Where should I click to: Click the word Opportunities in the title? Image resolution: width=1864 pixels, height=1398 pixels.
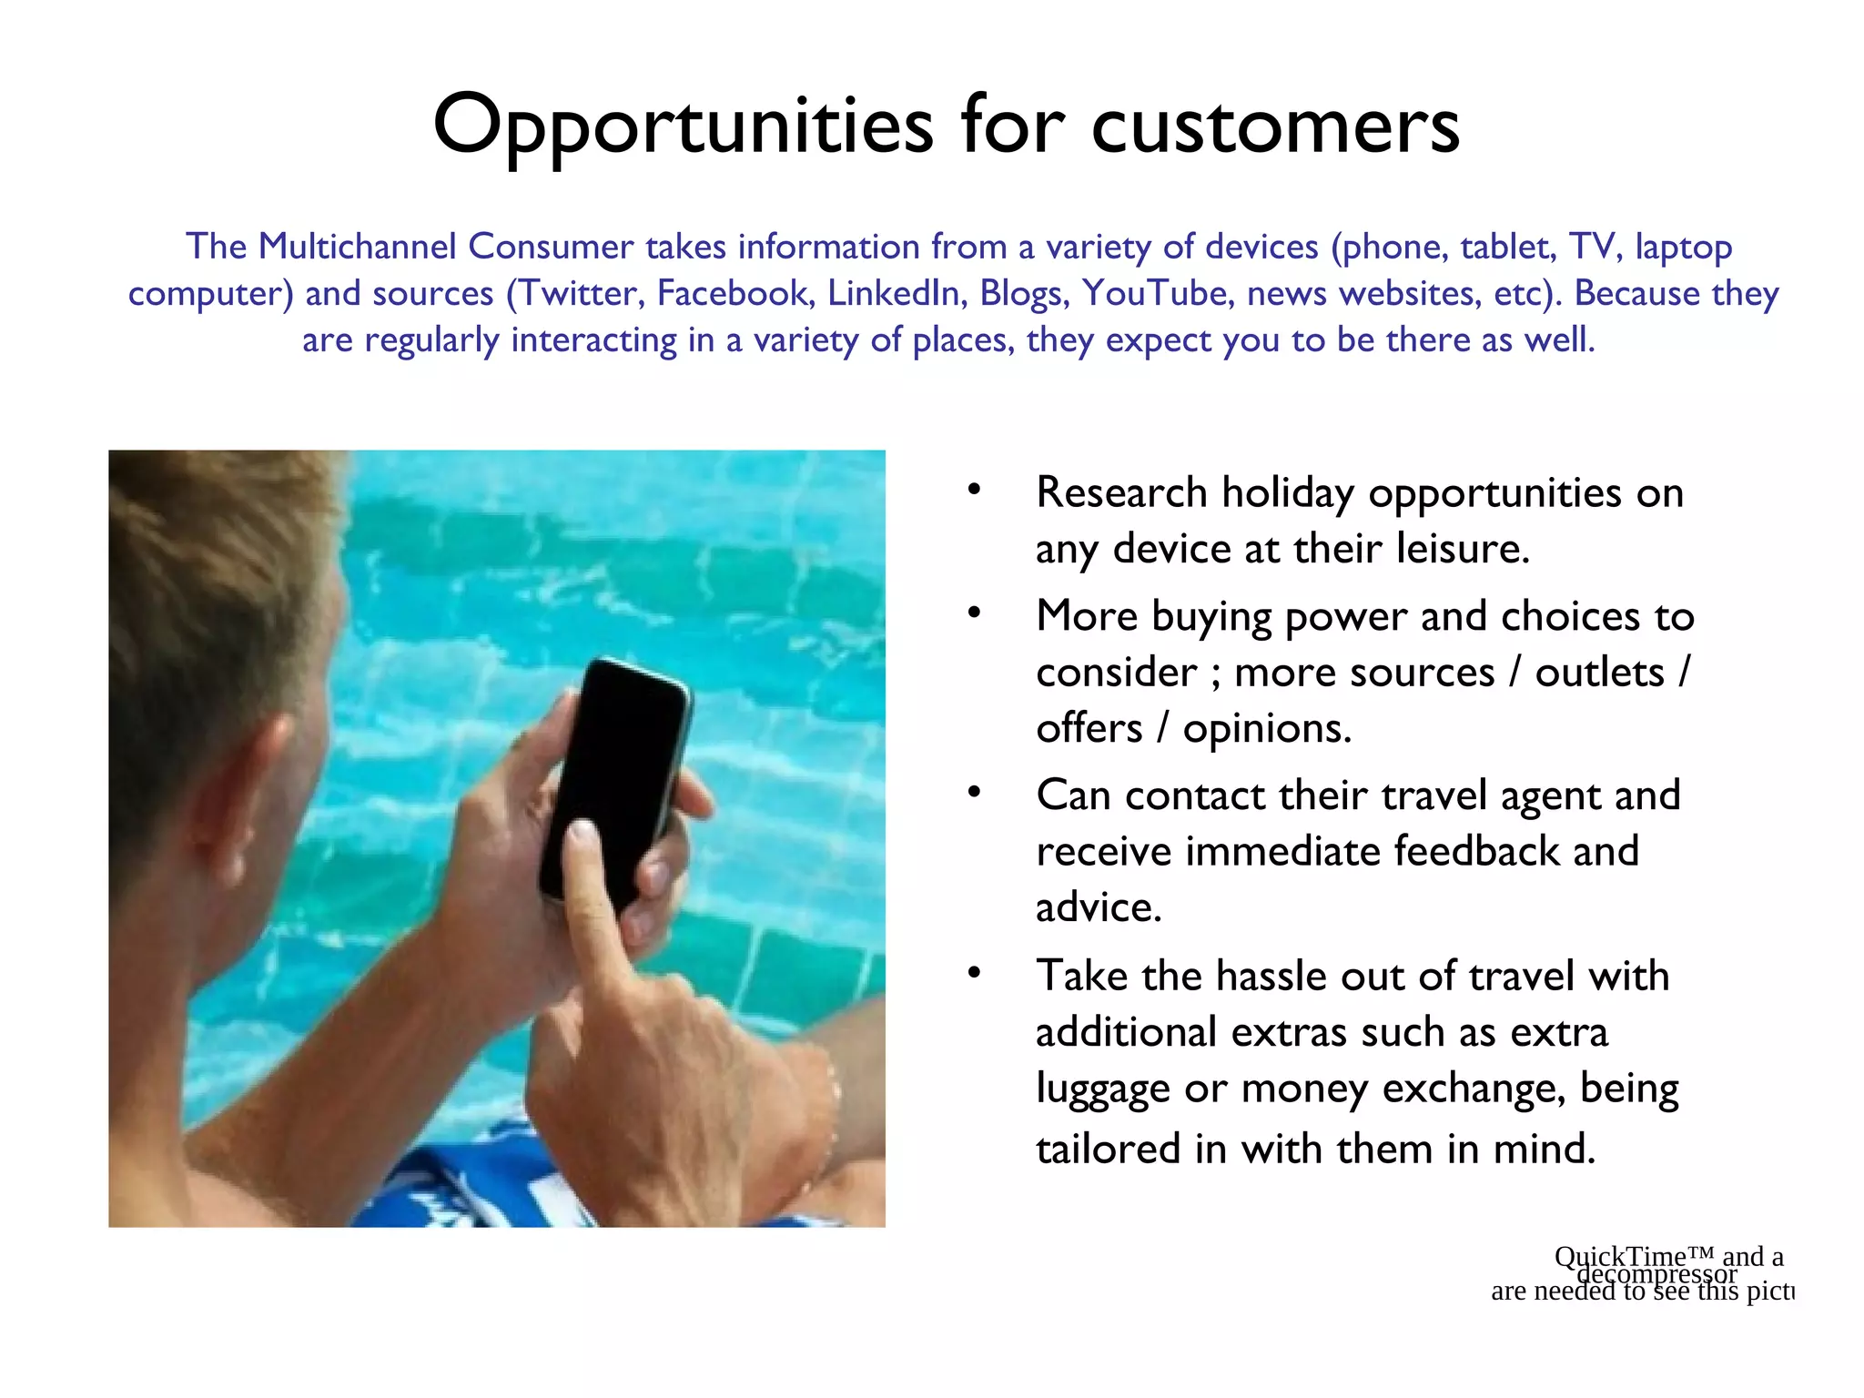click(683, 126)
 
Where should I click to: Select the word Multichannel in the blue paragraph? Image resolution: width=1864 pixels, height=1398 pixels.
click(355, 247)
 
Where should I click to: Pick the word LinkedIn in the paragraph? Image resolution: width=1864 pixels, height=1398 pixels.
click(897, 293)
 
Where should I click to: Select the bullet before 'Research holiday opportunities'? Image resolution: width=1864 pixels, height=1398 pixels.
click(974, 490)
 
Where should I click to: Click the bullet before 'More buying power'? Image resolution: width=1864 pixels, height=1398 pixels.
click(974, 613)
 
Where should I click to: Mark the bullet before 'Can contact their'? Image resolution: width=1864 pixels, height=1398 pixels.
click(974, 793)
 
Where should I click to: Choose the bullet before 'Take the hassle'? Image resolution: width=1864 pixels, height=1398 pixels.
click(974, 973)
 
